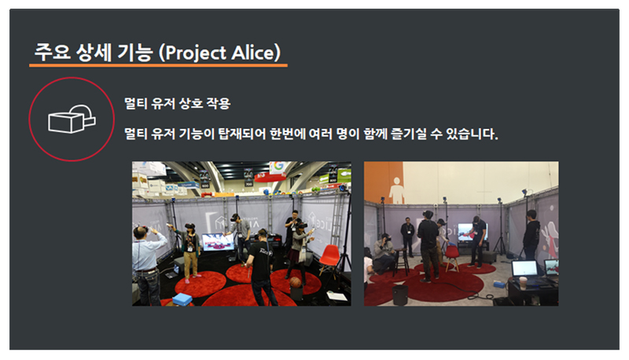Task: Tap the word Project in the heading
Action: (196, 53)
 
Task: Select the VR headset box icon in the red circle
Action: (72, 119)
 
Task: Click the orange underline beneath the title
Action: (158, 65)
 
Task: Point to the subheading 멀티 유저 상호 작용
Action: (178, 104)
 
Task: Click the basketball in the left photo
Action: (296, 282)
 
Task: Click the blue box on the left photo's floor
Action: (182, 299)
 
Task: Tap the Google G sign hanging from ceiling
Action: (278, 166)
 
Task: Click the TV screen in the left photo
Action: (218, 242)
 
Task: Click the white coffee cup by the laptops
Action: (523, 282)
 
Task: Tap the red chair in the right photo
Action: (452, 256)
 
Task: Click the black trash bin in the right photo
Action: (400, 295)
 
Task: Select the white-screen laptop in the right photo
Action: (525, 270)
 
